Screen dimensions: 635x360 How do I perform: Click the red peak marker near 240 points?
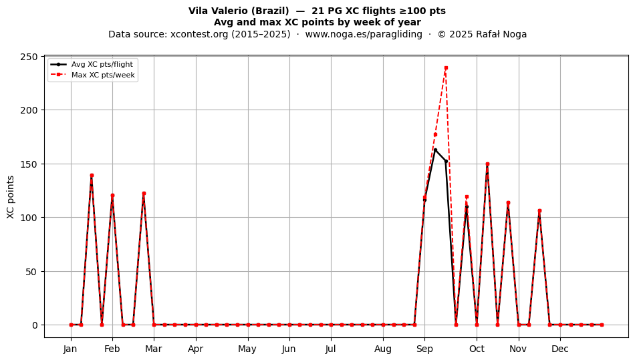point(446,68)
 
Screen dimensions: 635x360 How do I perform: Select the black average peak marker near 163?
point(435,150)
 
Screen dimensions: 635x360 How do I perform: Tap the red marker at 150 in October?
point(487,164)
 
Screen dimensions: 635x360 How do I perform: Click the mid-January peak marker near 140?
point(92,176)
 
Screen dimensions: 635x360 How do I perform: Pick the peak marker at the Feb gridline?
point(112,196)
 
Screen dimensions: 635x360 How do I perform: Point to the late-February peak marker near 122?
point(144,194)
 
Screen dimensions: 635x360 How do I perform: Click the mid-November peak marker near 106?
point(539,211)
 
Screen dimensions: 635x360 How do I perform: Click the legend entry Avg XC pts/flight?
point(102,64)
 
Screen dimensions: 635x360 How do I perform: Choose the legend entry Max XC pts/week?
point(103,75)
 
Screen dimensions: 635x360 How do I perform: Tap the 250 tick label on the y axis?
point(29,57)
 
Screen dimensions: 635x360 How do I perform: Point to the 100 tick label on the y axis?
point(29,218)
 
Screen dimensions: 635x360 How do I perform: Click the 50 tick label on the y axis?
point(32,271)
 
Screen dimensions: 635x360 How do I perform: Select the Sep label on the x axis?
point(424,349)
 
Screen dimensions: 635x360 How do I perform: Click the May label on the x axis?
point(247,349)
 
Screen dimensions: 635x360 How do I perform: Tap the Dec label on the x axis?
point(560,349)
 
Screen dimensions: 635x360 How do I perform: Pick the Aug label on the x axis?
point(383,349)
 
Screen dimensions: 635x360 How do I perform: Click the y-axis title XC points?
point(11,197)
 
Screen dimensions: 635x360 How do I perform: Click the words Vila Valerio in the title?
point(218,11)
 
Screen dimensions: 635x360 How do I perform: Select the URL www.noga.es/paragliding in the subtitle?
point(364,34)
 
